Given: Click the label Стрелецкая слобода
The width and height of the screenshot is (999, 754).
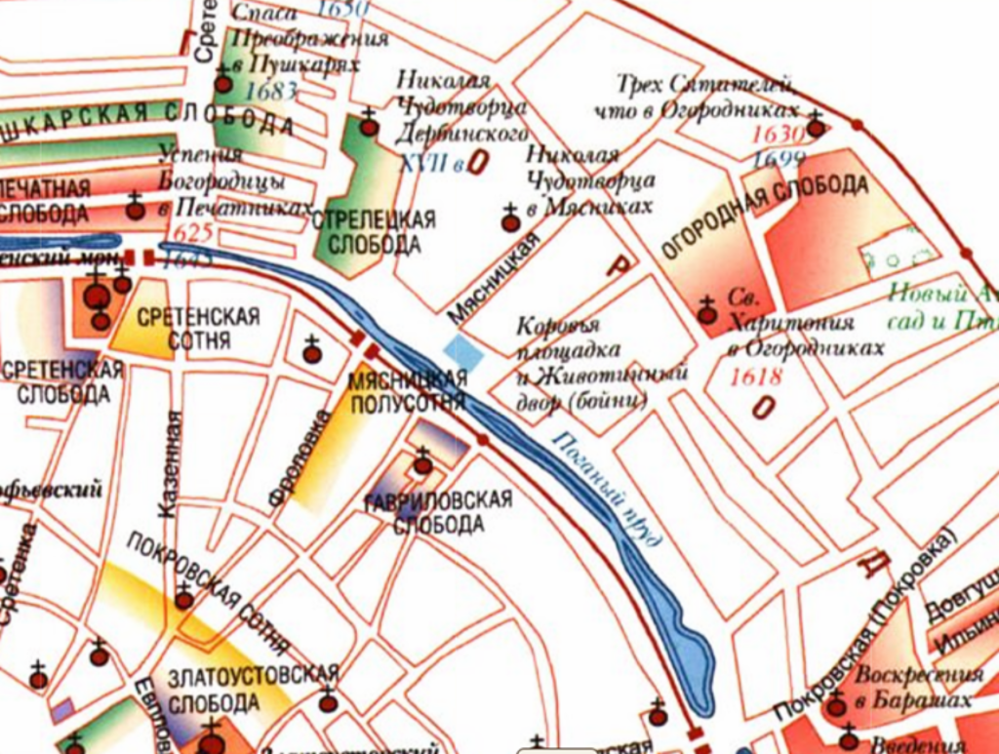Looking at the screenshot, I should coord(375,231).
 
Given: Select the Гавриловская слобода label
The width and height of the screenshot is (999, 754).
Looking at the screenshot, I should coord(451,512).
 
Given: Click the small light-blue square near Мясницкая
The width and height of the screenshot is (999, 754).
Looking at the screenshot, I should coord(463,352).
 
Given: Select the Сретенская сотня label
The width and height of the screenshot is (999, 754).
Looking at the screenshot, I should coord(199,328).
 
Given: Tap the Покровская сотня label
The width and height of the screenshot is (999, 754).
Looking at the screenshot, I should coord(208,594).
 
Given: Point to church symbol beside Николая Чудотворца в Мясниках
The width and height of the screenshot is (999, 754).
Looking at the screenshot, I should coord(510,220).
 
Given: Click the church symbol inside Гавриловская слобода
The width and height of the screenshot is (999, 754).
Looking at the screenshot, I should coord(422,463).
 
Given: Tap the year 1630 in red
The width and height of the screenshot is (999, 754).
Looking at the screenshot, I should coord(777,135).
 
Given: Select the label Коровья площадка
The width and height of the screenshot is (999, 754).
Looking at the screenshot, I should coord(560,337).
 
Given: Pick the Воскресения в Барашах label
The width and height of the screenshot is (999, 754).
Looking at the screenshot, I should coord(917,687).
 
